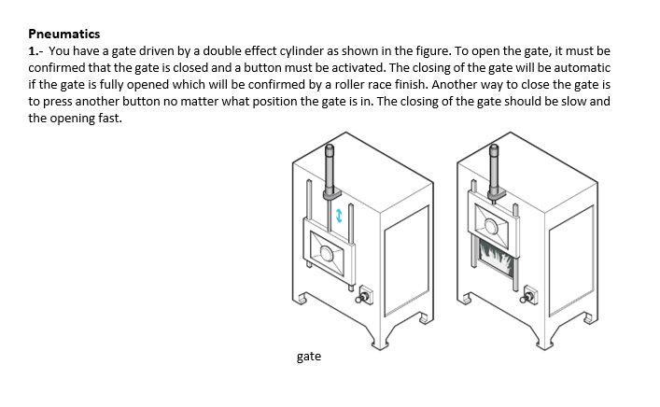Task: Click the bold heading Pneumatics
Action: coord(63,34)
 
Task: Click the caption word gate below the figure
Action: coord(309,357)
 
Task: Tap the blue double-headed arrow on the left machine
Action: coord(340,215)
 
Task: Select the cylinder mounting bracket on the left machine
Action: coord(330,195)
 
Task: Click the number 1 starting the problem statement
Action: coord(32,50)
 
